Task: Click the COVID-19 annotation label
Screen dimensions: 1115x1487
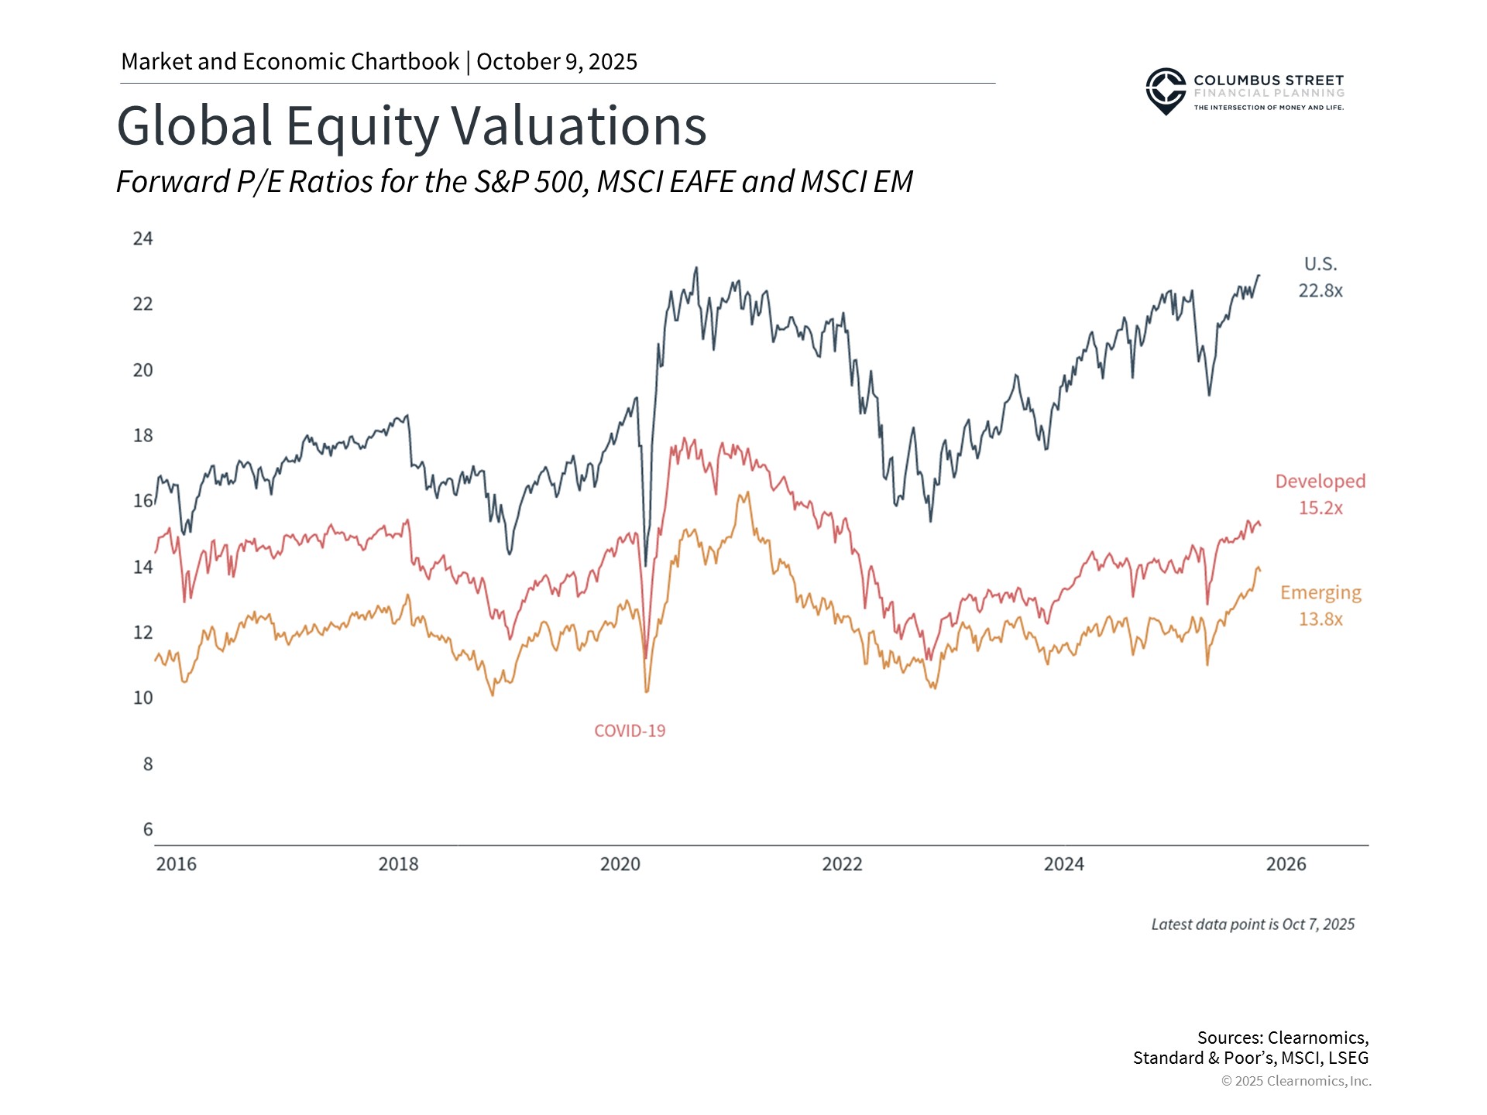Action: click(630, 731)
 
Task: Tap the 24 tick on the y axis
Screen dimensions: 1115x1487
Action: click(143, 238)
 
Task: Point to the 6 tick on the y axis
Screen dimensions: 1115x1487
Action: click(148, 829)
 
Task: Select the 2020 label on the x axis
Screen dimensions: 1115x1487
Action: click(620, 864)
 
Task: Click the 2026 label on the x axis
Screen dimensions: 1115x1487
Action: click(1286, 864)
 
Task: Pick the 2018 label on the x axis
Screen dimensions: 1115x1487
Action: click(398, 864)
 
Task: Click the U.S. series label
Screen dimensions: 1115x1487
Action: click(1320, 264)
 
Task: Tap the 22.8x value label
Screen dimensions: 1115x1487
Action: click(1320, 291)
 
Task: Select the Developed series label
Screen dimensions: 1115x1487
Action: click(1320, 482)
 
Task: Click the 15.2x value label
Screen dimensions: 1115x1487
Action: click(1320, 508)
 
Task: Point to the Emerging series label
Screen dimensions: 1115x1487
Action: click(1320, 593)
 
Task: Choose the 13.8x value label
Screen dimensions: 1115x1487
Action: click(1320, 619)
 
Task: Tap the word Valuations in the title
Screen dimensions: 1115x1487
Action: click(579, 125)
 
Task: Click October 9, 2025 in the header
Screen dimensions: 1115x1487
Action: click(557, 62)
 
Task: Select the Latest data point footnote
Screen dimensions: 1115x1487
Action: click(1252, 925)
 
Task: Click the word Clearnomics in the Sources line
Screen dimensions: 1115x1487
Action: click(1316, 1038)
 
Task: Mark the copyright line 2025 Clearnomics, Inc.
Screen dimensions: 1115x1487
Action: click(1296, 1081)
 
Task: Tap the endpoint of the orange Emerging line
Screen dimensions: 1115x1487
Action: click(1260, 571)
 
